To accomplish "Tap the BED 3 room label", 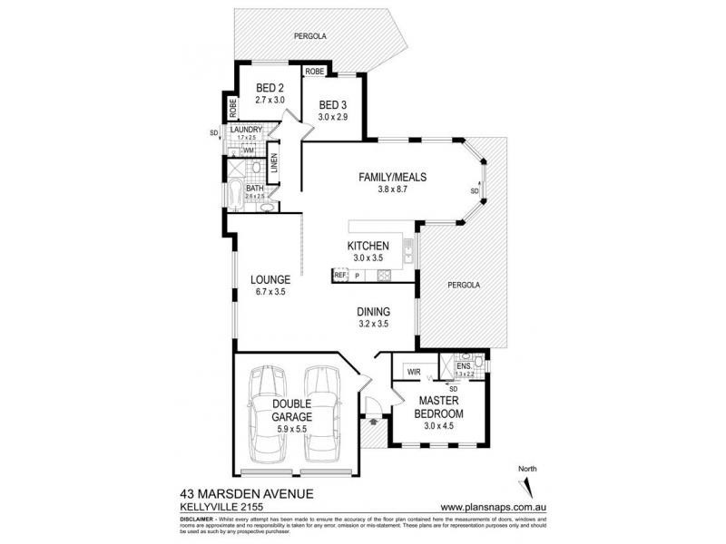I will pos(332,105).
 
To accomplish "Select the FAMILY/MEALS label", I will pos(391,178).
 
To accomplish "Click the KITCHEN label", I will pos(368,246).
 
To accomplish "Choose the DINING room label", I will pos(374,311).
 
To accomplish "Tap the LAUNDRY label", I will pos(246,131).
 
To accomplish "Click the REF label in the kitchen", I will pos(340,274).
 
